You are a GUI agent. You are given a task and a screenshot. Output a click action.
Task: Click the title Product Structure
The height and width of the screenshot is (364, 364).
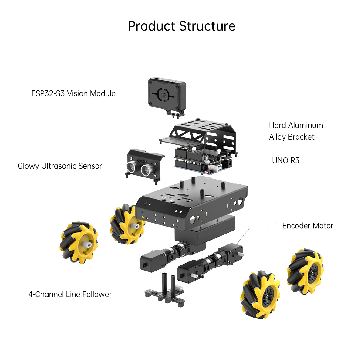181,26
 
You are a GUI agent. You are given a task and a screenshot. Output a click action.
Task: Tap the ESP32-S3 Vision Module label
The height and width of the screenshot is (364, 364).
73,93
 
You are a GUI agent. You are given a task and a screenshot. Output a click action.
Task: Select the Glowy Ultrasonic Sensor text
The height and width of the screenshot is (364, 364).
60,166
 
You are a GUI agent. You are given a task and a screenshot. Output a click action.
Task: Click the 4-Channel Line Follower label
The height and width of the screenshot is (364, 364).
70,294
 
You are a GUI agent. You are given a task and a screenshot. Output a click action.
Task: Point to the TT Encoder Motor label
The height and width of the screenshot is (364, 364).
302,226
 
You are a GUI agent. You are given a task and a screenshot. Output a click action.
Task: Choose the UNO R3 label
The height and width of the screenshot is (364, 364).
285,160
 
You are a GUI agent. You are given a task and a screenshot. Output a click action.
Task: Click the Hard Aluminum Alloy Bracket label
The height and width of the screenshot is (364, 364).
296,131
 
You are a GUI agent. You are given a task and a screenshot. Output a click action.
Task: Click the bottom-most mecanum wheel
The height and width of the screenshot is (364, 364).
261,295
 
